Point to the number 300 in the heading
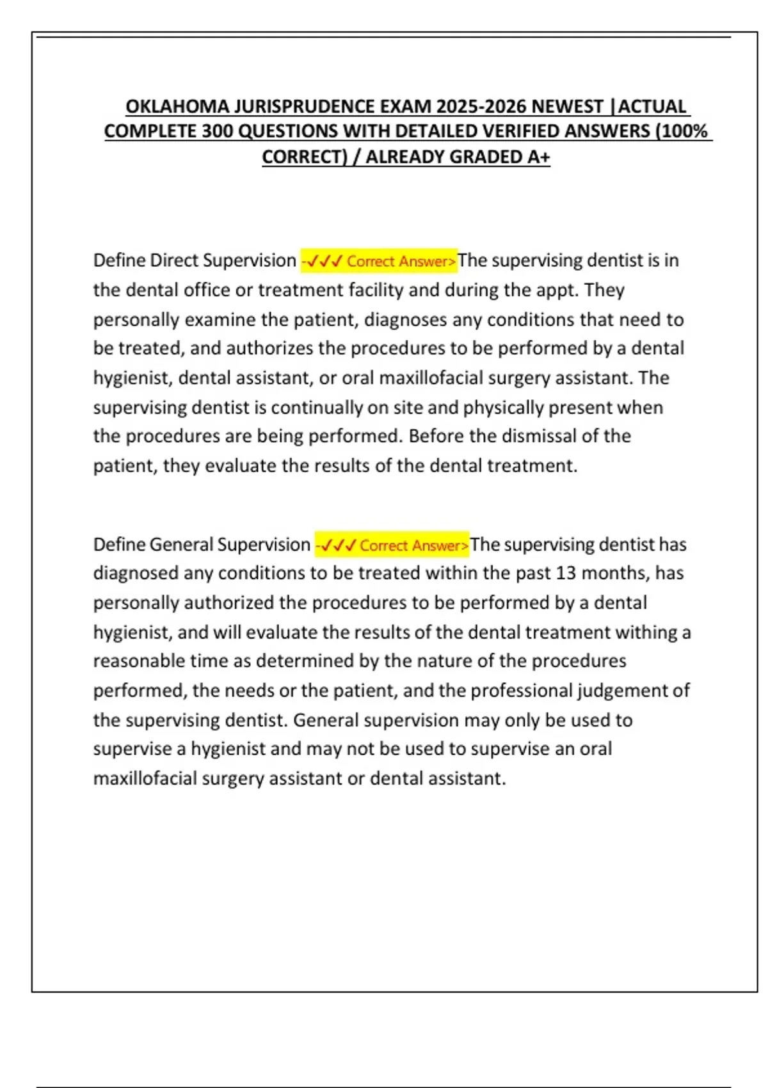pos(218,131)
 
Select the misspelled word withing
pos(646,632)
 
